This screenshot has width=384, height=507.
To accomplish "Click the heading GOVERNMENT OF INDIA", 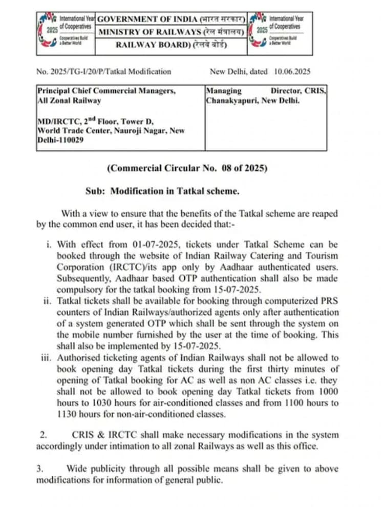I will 147,19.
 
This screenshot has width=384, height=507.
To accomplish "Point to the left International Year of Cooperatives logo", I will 66,32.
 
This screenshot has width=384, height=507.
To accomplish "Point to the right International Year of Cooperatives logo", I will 278,32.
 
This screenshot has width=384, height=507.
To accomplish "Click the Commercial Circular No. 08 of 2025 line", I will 187,168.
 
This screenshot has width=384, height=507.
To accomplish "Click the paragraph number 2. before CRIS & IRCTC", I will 44,435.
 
